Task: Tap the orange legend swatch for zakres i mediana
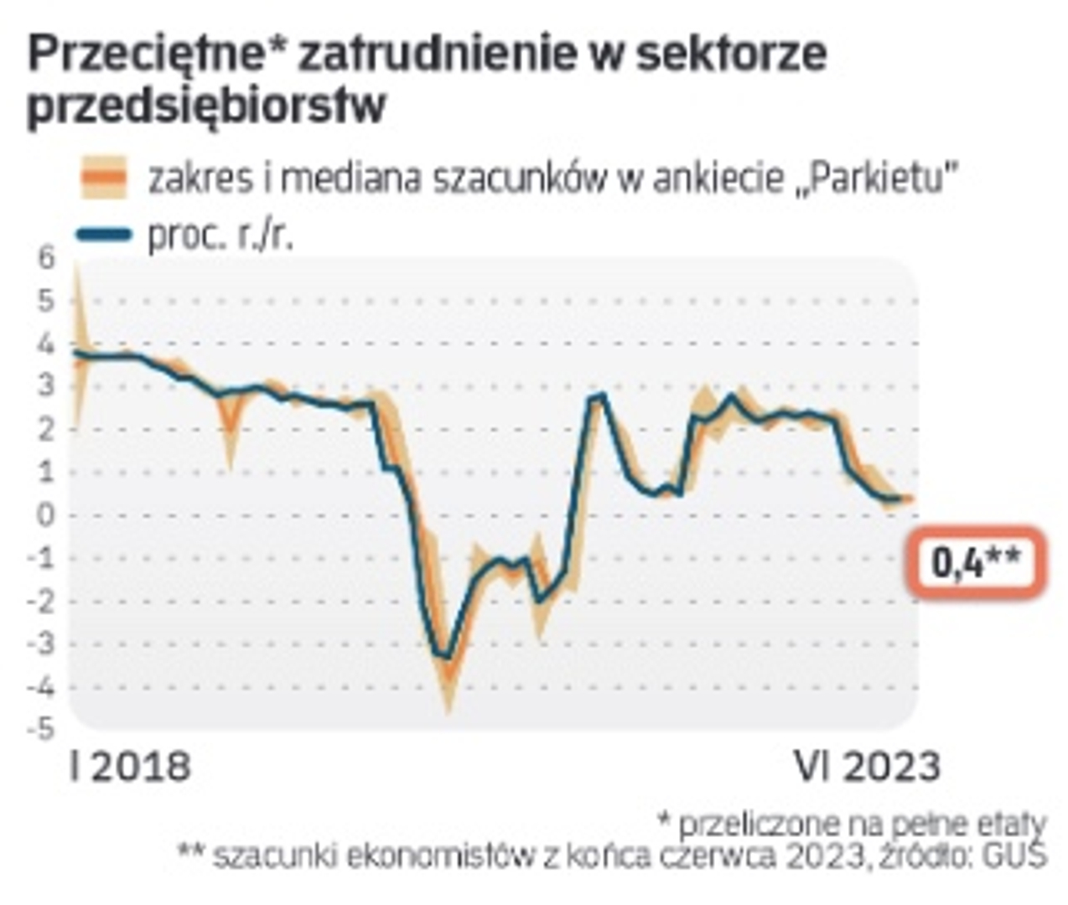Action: [104, 178]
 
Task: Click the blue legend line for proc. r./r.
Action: [104, 235]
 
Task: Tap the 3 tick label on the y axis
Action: [47, 386]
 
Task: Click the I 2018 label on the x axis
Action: [131, 766]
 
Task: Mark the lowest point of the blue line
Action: [447, 657]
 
